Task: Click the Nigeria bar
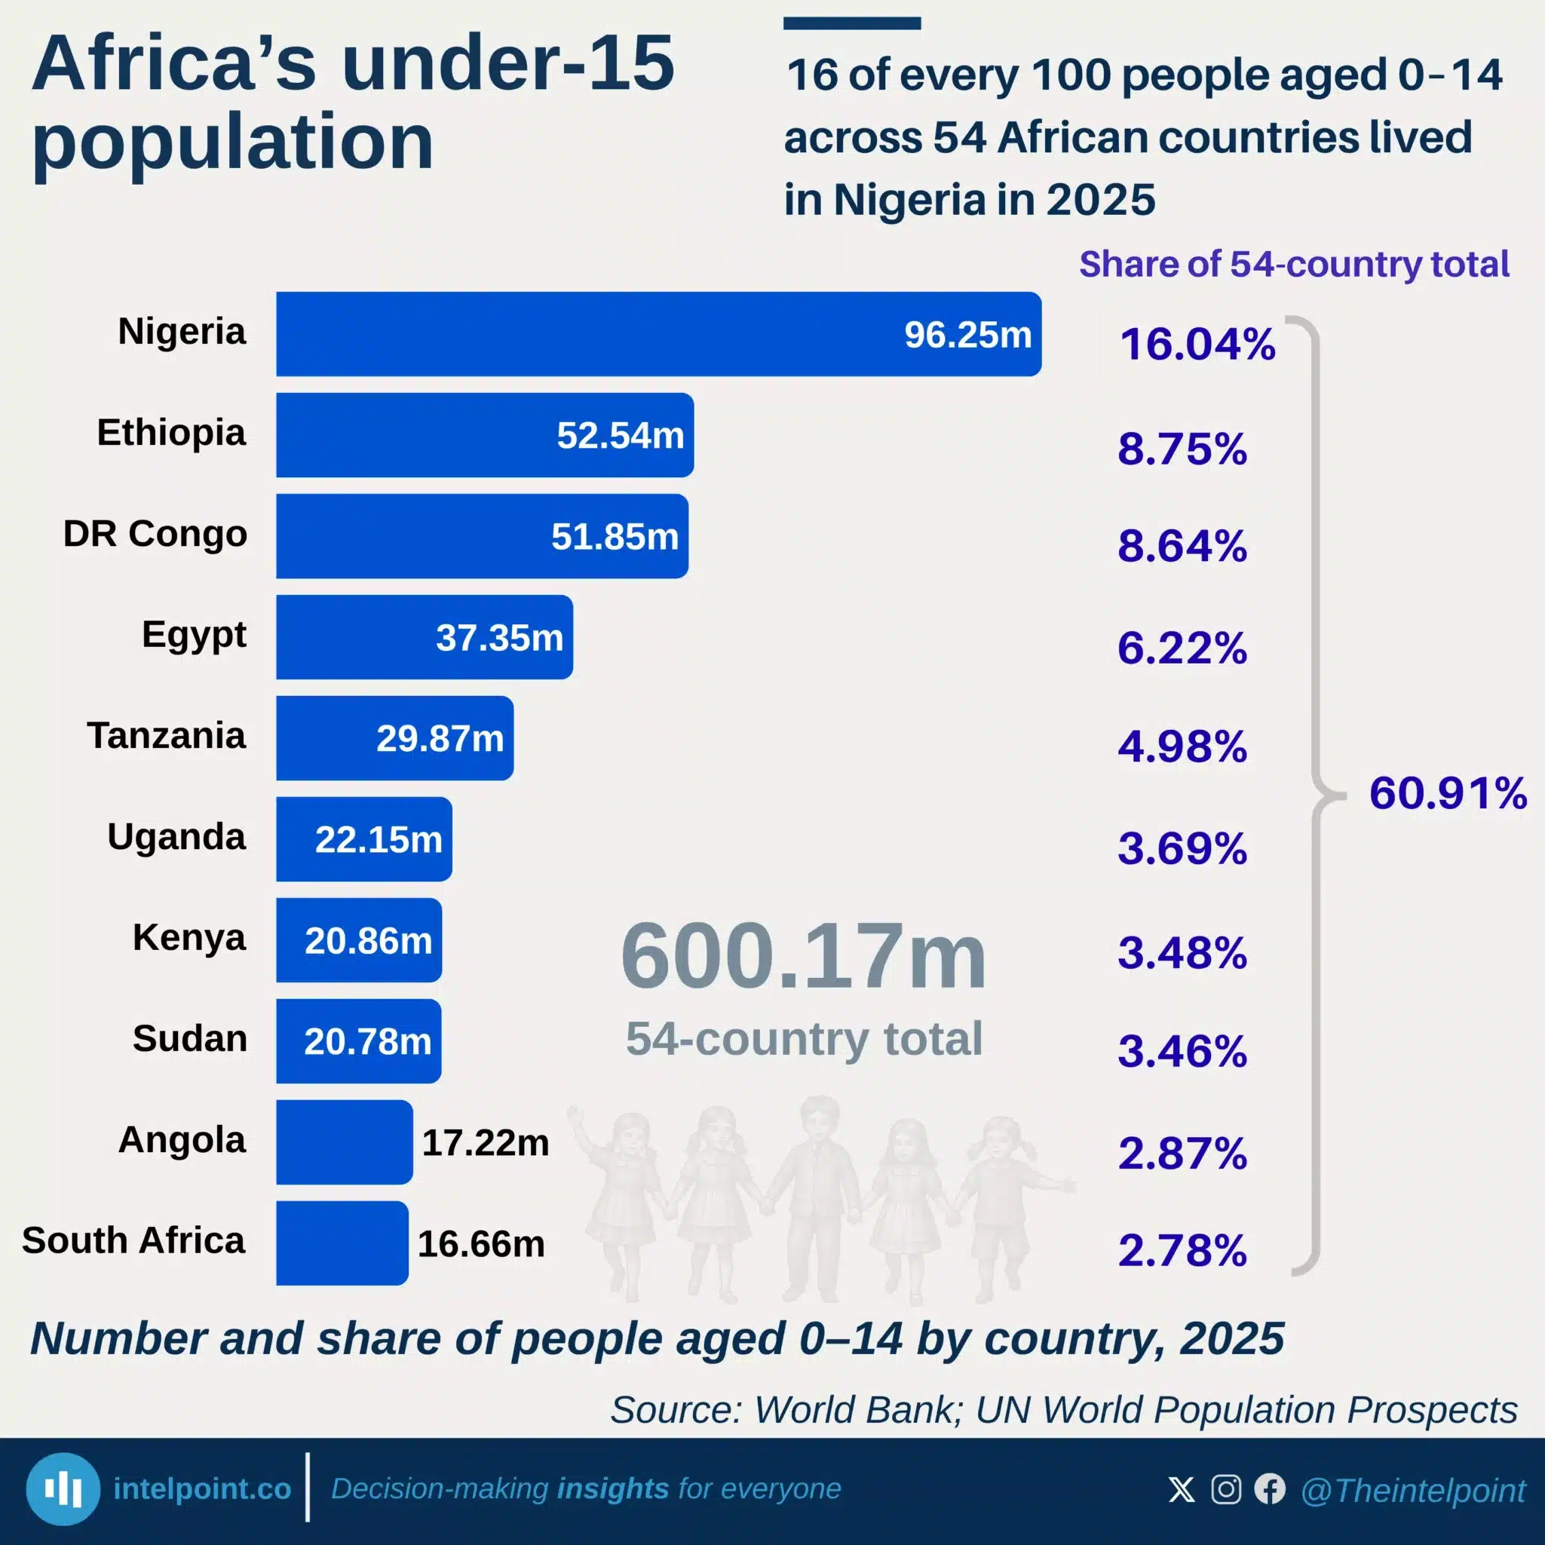point(659,333)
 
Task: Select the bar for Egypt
point(425,636)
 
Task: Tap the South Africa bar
point(342,1243)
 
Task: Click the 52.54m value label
point(621,436)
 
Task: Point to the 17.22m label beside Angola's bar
point(486,1143)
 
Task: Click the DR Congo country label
point(155,533)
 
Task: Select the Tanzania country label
point(167,735)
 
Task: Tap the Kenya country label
point(189,938)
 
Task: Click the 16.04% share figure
point(1197,344)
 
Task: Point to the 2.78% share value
point(1182,1250)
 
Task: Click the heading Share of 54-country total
point(1294,264)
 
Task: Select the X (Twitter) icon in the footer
point(1181,1489)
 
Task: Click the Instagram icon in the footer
point(1226,1489)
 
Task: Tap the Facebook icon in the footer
point(1270,1489)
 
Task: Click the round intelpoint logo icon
point(63,1489)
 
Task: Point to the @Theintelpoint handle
point(1413,1491)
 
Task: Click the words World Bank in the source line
point(854,1410)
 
